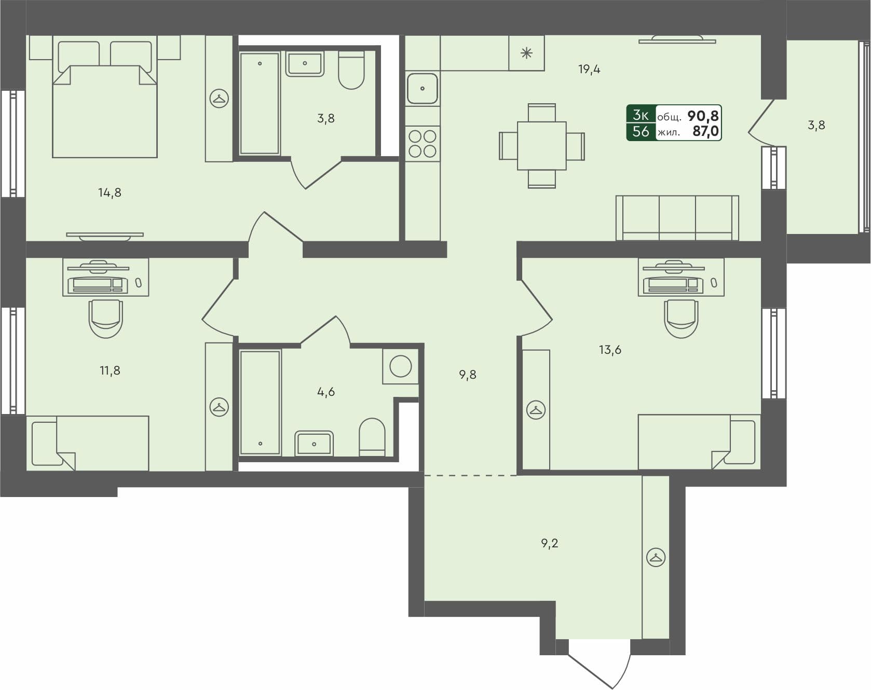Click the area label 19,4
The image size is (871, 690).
pos(589,69)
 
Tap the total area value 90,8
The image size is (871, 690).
pos(703,116)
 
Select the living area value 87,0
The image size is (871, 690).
pos(705,131)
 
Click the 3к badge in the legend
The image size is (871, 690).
pos(641,115)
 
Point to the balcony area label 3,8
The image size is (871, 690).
pos(816,125)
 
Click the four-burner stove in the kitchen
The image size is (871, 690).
pos(422,144)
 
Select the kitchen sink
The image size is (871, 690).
pos(422,88)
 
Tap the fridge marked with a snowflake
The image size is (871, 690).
pos(526,53)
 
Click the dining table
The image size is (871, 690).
pos(541,146)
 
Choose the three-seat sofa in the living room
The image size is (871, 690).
pos(677,218)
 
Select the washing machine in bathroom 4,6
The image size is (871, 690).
pos(400,366)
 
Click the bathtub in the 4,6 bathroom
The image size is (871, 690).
pos(260,403)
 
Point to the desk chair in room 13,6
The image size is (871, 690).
pos(681,318)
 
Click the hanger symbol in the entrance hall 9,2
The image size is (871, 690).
pos(656,558)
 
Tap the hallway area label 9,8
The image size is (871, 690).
pos(467,375)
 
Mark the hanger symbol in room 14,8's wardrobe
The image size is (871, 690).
pos(219,99)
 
